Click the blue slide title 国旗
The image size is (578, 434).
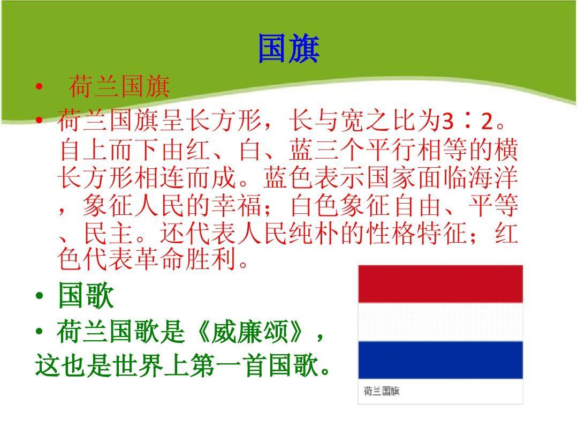[x=288, y=49]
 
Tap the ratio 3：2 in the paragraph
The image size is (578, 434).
[x=466, y=123]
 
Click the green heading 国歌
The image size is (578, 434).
[x=86, y=296]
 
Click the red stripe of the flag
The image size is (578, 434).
[x=440, y=283]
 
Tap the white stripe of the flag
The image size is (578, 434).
[x=440, y=321]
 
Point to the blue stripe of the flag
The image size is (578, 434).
[x=440, y=360]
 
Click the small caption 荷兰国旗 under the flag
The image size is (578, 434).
[x=381, y=391]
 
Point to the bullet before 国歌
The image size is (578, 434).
[x=40, y=297]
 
